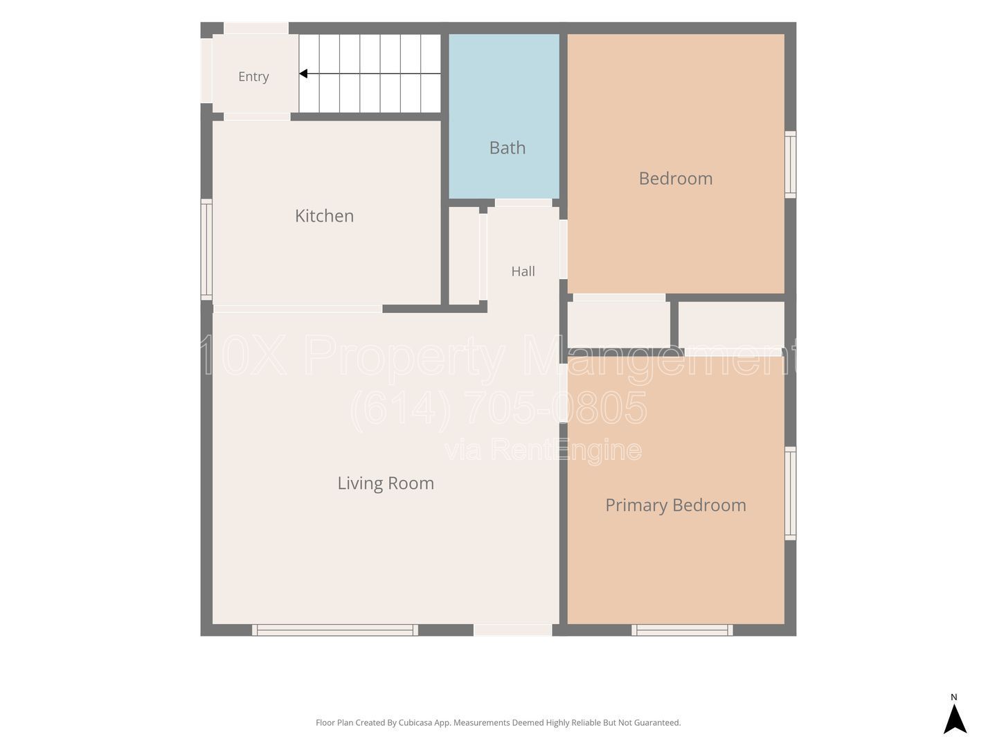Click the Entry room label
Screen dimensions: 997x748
pyautogui.click(x=253, y=76)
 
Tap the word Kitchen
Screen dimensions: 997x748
pyautogui.click(x=324, y=215)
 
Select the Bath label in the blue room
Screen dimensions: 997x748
pyautogui.click(x=508, y=148)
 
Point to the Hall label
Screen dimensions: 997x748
pyautogui.click(x=523, y=271)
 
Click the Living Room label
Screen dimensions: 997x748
pyautogui.click(x=386, y=483)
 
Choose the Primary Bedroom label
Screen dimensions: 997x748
pyautogui.click(x=676, y=505)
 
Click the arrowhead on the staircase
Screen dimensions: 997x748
pyautogui.click(x=303, y=73)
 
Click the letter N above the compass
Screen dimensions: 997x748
pyautogui.click(x=954, y=697)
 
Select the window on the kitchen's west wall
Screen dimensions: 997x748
pyautogui.click(x=206, y=249)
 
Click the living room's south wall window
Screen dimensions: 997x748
pyautogui.click(x=334, y=630)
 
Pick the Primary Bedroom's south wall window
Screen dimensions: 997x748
pyautogui.click(x=682, y=630)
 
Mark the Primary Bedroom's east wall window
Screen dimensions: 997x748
pyautogui.click(x=791, y=493)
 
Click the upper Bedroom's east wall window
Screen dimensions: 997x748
pyautogui.click(x=791, y=164)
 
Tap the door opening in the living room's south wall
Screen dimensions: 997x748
pyautogui.click(x=513, y=630)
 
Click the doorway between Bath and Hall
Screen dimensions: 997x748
pyautogui.click(x=523, y=203)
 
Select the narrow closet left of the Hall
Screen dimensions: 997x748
pyautogui.click(x=464, y=256)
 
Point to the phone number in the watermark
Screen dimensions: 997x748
pyautogui.click(x=498, y=407)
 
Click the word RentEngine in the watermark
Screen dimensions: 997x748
pyautogui.click(x=566, y=449)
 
